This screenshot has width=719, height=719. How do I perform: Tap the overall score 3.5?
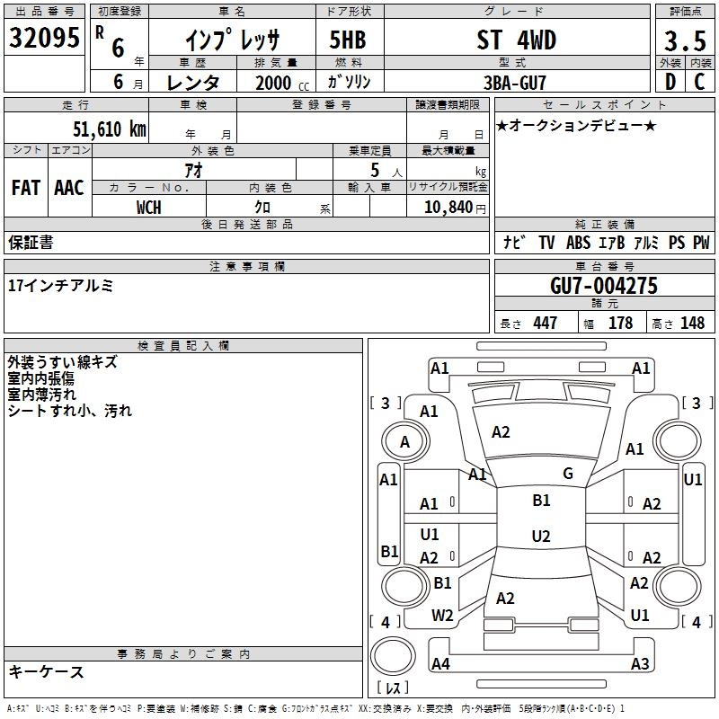click(x=683, y=41)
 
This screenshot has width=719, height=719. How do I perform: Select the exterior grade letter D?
click(x=670, y=82)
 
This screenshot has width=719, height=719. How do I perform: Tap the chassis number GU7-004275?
click(x=604, y=286)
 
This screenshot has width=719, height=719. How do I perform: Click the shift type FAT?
click(x=26, y=188)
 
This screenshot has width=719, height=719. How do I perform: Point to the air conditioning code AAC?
click(x=69, y=188)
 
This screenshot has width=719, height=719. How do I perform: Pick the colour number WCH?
click(x=149, y=208)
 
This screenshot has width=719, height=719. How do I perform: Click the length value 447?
click(x=545, y=323)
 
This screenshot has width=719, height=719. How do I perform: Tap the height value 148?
click(x=692, y=323)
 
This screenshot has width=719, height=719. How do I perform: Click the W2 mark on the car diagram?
click(x=442, y=616)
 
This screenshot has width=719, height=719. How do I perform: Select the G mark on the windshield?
click(x=568, y=474)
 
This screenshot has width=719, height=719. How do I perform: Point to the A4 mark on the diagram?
click(x=440, y=664)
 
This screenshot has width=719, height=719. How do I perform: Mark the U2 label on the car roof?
click(x=541, y=537)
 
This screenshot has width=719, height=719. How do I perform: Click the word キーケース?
click(x=47, y=671)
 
